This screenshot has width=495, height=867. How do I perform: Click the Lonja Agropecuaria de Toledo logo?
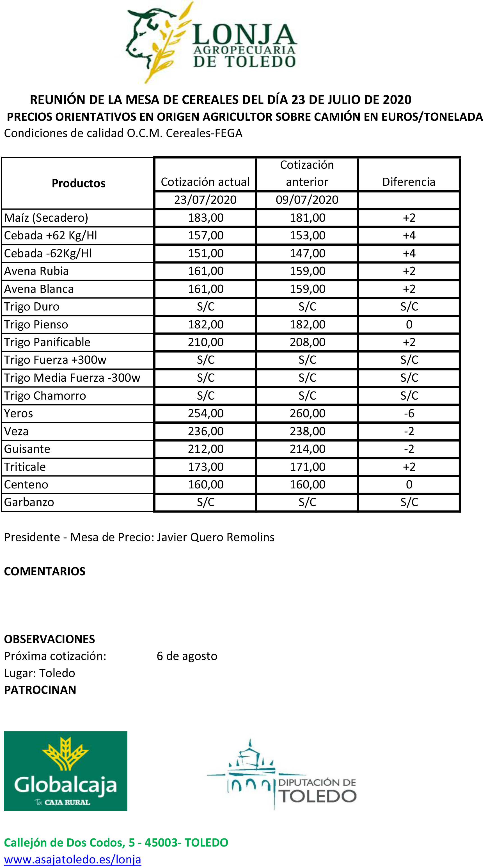[x=212, y=42]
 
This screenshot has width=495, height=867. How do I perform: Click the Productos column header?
[x=79, y=183]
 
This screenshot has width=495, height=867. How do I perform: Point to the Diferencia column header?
[x=409, y=182]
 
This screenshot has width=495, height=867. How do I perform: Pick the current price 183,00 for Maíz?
[x=206, y=218]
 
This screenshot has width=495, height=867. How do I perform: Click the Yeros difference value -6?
[x=409, y=414]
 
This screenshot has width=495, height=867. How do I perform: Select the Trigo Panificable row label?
[x=47, y=342]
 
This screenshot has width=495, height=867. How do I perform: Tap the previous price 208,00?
[x=307, y=342]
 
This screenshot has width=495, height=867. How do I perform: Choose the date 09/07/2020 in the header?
[x=307, y=200]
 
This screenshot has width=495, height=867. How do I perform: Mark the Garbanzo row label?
[x=29, y=502]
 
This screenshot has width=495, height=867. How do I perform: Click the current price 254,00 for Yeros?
[x=206, y=414]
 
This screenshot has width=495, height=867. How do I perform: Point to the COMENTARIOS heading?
[x=45, y=571]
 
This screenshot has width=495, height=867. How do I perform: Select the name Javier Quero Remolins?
[x=216, y=537]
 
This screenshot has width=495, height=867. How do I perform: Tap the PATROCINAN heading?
[x=40, y=690]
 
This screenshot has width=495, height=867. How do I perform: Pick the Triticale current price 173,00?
[x=206, y=467]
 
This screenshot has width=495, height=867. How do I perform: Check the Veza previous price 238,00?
[x=307, y=431]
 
